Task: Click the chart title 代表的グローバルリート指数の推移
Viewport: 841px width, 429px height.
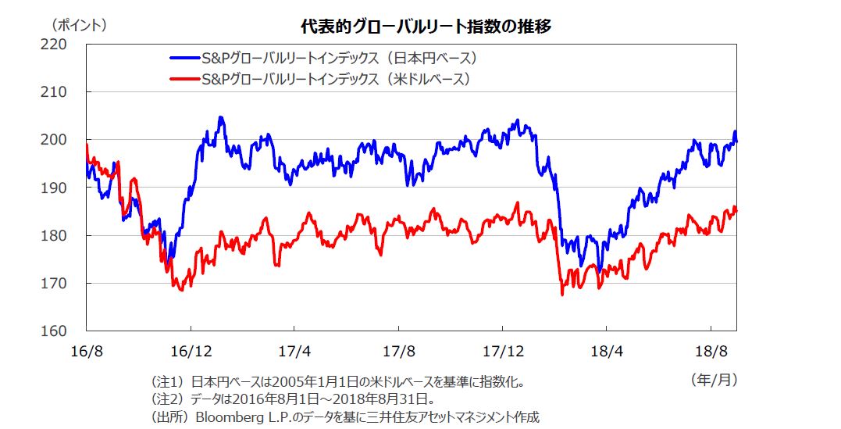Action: coord(426,27)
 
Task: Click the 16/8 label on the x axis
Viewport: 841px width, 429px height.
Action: coord(87,349)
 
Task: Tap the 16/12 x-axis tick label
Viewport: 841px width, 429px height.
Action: coord(191,349)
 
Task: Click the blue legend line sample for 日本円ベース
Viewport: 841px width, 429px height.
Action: coord(184,58)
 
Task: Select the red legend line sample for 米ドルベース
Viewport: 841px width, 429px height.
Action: coord(184,79)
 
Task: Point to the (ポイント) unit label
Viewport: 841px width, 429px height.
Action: coord(79,25)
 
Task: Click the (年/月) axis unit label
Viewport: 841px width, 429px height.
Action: coord(714,381)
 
